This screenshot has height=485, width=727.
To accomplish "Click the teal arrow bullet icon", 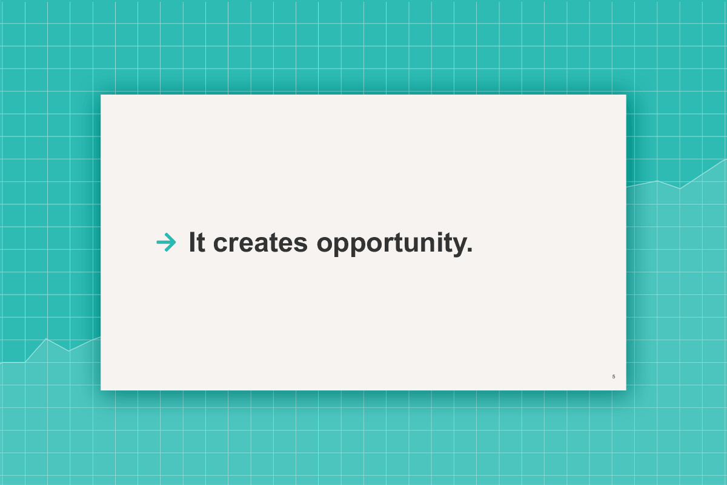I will click(166, 242).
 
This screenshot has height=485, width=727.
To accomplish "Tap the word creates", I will click(260, 242).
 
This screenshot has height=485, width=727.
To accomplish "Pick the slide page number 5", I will click(614, 376).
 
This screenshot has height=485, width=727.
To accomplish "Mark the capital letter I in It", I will click(192, 242).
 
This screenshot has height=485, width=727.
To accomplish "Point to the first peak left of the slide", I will click(46, 338).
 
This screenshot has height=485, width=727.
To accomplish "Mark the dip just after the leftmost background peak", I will click(68, 351).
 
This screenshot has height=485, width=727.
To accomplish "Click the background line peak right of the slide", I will click(657, 181).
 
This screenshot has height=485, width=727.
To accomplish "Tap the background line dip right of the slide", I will click(680, 189).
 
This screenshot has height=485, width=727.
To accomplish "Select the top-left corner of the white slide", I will click(101, 95).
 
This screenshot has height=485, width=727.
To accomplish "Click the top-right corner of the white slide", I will click(626, 95).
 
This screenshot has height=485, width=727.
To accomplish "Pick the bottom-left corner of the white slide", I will click(101, 390).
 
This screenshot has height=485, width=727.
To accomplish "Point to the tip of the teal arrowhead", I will click(176, 242).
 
